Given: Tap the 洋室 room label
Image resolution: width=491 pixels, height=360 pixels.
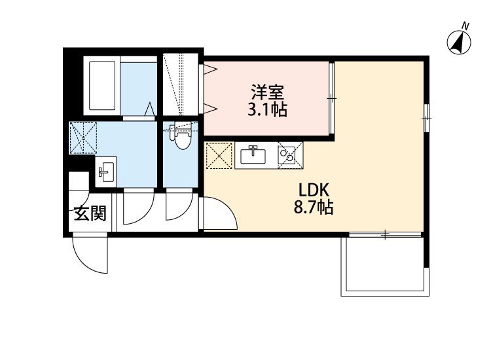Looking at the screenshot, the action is (267, 92).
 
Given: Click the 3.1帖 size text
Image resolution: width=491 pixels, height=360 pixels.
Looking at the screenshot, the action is (267, 109).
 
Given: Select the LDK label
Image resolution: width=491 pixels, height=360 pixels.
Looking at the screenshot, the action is (314, 190).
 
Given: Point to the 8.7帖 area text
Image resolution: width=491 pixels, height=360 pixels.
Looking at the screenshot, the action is (313, 207).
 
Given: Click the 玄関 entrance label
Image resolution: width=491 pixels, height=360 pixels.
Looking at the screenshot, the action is (90, 213).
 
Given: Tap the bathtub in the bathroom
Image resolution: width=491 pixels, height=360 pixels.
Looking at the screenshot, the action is (101, 86).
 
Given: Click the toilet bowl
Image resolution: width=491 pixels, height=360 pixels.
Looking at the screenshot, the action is (181, 137).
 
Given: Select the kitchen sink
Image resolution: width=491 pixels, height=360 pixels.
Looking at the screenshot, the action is (253, 155).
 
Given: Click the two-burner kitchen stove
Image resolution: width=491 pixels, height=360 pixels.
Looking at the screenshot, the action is (290, 155).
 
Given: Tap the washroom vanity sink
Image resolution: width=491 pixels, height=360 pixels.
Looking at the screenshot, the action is (106, 171).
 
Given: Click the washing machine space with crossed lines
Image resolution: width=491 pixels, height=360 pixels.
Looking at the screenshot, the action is (83, 137).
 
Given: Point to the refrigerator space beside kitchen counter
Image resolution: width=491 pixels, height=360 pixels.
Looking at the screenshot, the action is (219, 155).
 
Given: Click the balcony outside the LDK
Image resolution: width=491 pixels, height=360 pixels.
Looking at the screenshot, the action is (385, 266).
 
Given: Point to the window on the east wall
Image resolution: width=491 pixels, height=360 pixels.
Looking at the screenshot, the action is (426, 118).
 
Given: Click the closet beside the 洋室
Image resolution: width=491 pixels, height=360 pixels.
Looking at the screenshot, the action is (181, 84).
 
